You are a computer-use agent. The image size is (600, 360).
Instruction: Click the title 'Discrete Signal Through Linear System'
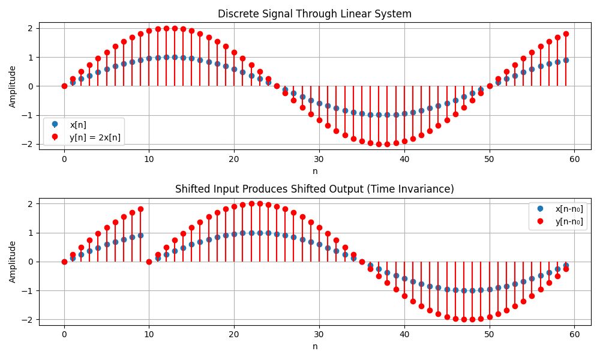click(314, 14)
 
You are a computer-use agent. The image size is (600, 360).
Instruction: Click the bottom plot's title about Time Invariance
click(314, 189)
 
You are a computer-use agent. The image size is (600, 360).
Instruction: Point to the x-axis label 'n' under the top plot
click(315, 171)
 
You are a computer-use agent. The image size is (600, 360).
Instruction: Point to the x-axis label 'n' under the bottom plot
click(315, 346)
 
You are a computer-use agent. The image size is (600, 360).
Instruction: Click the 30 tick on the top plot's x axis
click(319, 159)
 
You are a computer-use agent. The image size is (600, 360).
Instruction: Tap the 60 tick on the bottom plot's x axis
click(574, 334)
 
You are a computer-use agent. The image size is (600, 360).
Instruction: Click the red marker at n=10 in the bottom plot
click(149, 262)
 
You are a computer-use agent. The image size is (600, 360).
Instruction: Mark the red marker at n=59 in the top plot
click(566, 34)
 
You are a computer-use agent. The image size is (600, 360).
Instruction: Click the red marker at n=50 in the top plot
click(490, 86)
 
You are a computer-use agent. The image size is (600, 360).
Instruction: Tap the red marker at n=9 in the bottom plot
click(140, 209)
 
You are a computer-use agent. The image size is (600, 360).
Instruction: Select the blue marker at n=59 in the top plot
click(566, 60)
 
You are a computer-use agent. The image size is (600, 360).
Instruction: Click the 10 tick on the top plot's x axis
click(149, 159)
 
